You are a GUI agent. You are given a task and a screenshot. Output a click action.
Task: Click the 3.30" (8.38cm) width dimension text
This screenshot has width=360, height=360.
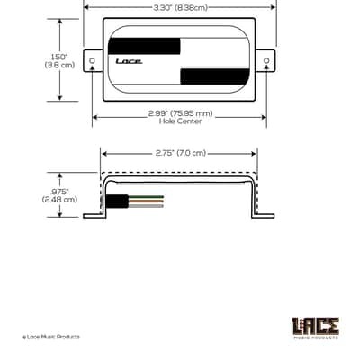180,8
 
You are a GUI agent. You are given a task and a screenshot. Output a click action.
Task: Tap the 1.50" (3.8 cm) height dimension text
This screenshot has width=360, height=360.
59,61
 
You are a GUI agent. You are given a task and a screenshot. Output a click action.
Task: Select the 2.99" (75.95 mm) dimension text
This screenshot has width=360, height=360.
181,113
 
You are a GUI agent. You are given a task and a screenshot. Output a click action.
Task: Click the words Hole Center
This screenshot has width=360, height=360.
180,121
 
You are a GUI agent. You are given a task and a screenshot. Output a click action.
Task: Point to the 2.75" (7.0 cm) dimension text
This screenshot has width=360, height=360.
181,153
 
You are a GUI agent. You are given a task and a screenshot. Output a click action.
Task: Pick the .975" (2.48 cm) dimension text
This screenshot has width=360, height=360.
59,195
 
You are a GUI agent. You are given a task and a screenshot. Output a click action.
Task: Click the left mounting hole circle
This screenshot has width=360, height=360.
92,60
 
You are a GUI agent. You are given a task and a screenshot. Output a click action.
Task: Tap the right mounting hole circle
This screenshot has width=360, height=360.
266,60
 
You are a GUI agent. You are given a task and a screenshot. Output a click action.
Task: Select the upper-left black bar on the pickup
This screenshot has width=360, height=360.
144,46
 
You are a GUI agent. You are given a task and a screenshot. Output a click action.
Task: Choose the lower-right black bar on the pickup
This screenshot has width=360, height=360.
215,76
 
